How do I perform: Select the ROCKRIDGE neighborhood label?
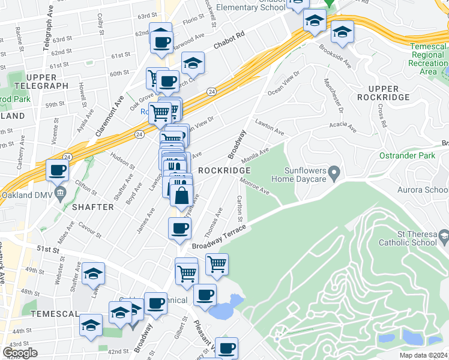click(x=224, y=170)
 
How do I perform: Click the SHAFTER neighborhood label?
click(x=92, y=207)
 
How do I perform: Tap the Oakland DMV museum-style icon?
click(x=60, y=193)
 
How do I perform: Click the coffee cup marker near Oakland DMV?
click(x=58, y=170)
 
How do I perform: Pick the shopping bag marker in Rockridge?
click(x=181, y=196)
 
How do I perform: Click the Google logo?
click(x=20, y=353)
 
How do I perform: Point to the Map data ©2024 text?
click(x=422, y=355)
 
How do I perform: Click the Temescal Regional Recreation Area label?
click(x=429, y=59)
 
